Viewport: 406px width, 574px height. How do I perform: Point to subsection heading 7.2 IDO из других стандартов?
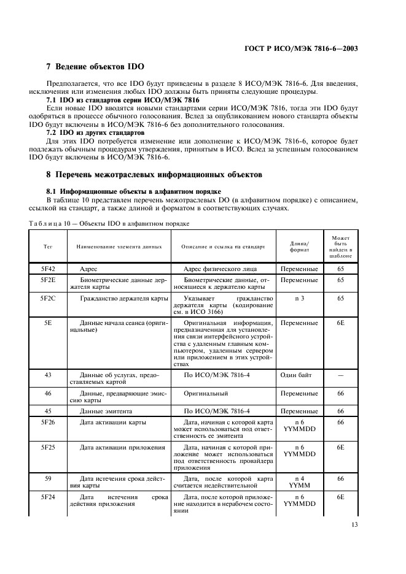point(95,132)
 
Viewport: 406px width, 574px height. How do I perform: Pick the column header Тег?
point(47,247)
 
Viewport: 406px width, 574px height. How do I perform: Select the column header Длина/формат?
point(299,247)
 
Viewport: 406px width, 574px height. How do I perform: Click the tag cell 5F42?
point(47,269)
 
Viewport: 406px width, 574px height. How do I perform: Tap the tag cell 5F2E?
point(47,280)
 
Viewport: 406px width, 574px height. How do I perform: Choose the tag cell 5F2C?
point(47,299)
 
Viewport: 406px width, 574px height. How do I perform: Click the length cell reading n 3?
point(299,299)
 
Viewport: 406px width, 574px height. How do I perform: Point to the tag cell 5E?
point(47,322)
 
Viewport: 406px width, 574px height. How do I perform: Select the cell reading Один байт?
point(299,374)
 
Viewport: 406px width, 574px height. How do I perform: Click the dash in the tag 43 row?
point(340,374)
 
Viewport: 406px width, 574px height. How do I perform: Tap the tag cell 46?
point(47,392)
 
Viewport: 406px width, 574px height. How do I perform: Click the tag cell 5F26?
point(47,423)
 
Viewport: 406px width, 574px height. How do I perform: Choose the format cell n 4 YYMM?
point(299,482)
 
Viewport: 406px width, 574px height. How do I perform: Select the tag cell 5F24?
point(47,497)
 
